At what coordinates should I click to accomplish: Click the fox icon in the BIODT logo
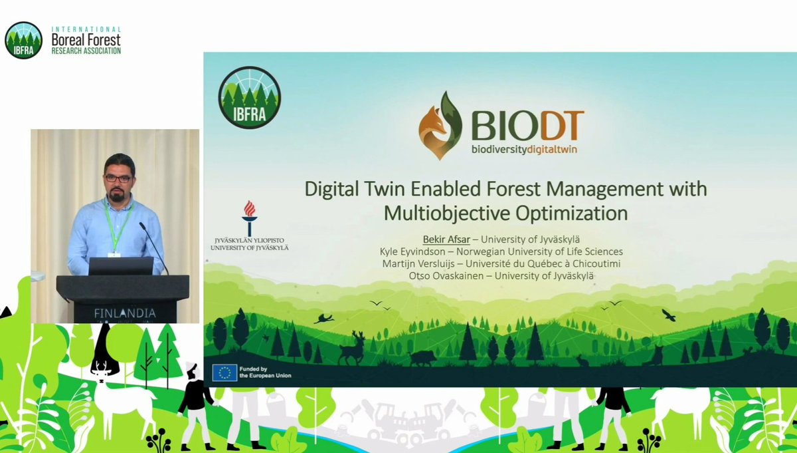click(439, 126)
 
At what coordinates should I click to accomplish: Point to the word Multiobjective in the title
click(451, 214)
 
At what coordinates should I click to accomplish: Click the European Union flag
click(224, 373)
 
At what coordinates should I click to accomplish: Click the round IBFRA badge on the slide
click(250, 97)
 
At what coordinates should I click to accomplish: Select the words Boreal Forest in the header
click(85, 40)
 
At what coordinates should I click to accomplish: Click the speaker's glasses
click(118, 178)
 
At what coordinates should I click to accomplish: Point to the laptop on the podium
click(121, 266)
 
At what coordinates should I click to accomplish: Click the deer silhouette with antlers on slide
click(352, 348)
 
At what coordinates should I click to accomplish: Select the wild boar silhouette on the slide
click(422, 358)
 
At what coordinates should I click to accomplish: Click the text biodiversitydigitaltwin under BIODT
click(524, 149)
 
